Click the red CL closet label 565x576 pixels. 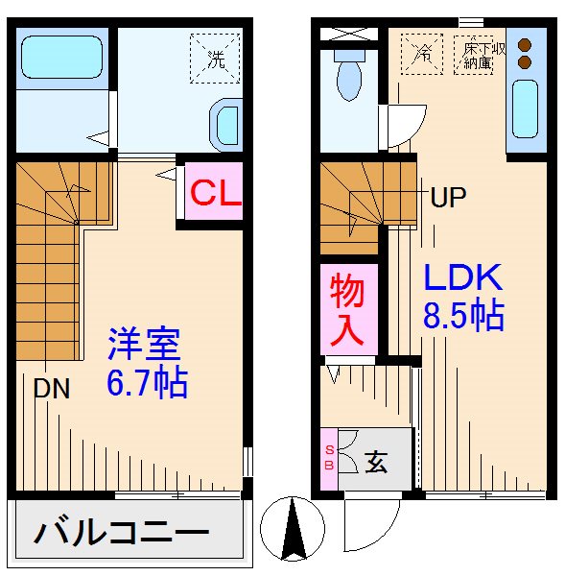pos(213,194)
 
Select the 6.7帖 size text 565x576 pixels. pos(147,383)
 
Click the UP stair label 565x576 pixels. pos(447,199)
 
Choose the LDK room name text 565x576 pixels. pos(463,278)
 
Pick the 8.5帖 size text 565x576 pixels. pos(464,316)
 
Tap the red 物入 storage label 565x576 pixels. pos(347,308)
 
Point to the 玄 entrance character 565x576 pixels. pos(377,462)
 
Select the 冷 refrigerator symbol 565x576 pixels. pos(421,54)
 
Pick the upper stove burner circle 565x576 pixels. pos(525,44)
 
